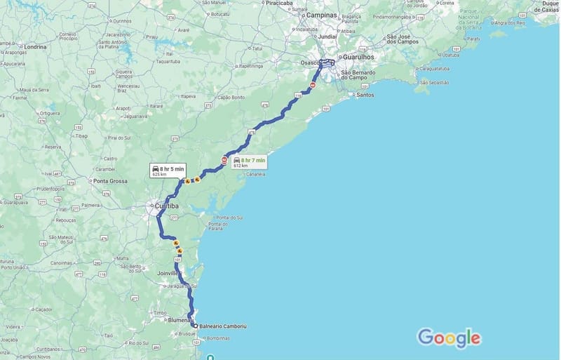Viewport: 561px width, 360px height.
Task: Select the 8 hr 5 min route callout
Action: (x=167, y=170)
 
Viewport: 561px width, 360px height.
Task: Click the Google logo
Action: (x=449, y=338)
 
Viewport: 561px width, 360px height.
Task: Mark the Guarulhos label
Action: (x=358, y=57)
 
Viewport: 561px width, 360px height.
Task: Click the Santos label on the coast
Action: (x=365, y=95)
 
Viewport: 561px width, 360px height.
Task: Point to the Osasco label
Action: (x=311, y=63)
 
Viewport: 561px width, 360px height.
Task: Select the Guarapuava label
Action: (x=14, y=204)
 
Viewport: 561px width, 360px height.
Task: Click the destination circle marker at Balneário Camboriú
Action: (x=195, y=326)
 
